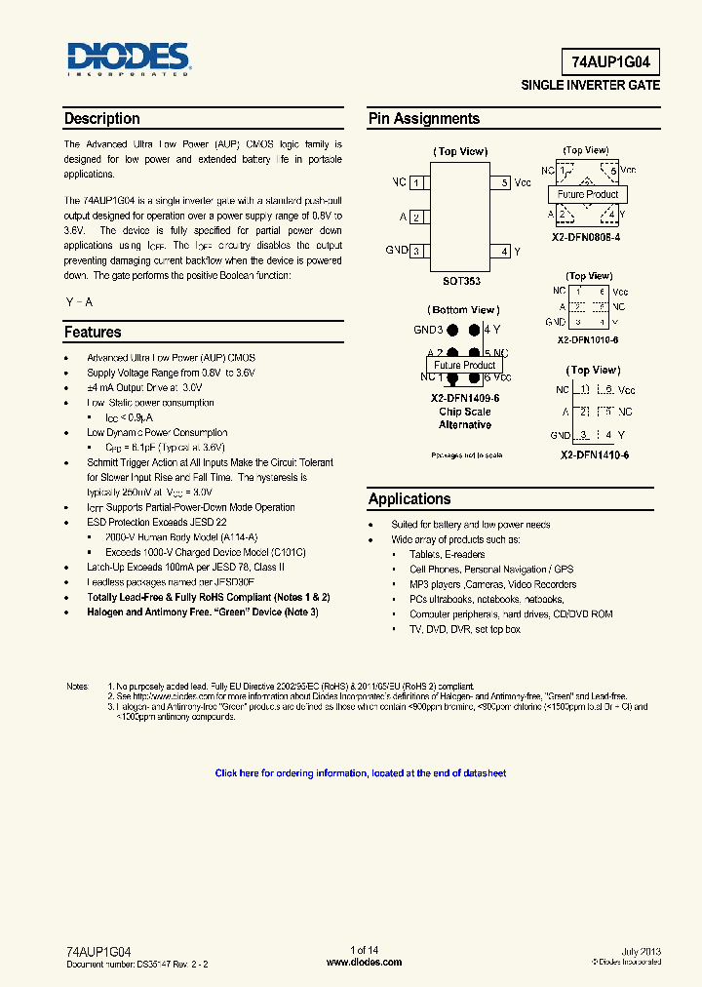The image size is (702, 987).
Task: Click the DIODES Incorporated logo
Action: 128,59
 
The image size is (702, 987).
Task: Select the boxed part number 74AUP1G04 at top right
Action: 610,63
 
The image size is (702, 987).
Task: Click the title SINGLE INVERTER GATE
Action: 591,86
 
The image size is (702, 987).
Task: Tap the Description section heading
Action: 101,119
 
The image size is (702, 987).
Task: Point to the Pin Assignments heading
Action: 423,119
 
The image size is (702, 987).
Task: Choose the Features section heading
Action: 93,333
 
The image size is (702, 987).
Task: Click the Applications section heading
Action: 409,499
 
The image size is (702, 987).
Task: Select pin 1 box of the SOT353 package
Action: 416,182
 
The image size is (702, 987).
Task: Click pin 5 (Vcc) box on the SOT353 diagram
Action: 504,182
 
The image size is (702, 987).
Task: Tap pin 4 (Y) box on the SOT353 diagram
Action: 504,252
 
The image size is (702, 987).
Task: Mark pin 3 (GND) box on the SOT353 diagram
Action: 416,252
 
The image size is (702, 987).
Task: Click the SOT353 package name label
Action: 461,281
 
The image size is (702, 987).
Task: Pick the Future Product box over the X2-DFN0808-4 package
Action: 588,194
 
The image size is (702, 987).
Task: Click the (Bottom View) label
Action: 464,310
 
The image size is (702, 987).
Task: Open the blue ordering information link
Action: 361,773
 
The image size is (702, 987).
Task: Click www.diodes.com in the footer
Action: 364,962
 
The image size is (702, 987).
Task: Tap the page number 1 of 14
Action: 364,950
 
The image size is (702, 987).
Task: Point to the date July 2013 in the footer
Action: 641,950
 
